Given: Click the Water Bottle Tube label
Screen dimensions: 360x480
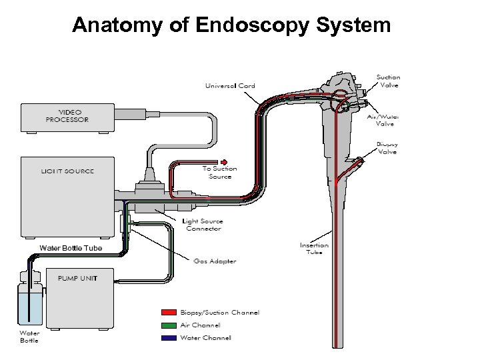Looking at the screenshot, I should (x=71, y=248).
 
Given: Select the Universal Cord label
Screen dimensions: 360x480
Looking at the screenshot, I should (x=230, y=85).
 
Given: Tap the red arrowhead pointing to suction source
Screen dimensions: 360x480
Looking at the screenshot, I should (x=225, y=161).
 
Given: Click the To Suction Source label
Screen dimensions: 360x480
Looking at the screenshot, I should (x=219, y=173).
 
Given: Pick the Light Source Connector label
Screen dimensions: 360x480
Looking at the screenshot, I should (x=203, y=225).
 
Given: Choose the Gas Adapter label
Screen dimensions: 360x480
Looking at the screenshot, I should (x=215, y=261).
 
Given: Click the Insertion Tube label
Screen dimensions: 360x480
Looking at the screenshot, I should (x=313, y=249).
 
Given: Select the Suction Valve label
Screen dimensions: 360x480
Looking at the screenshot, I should (x=388, y=81).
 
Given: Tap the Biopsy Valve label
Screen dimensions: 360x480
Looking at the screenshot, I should (x=387, y=147).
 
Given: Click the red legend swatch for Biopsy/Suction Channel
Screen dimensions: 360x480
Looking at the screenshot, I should (x=168, y=312).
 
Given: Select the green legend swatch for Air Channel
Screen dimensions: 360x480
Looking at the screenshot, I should (x=168, y=325).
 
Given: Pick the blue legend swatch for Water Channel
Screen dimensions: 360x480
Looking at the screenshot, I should (x=168, y=337).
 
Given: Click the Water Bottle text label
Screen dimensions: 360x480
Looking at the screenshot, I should (x=29, y=337).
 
